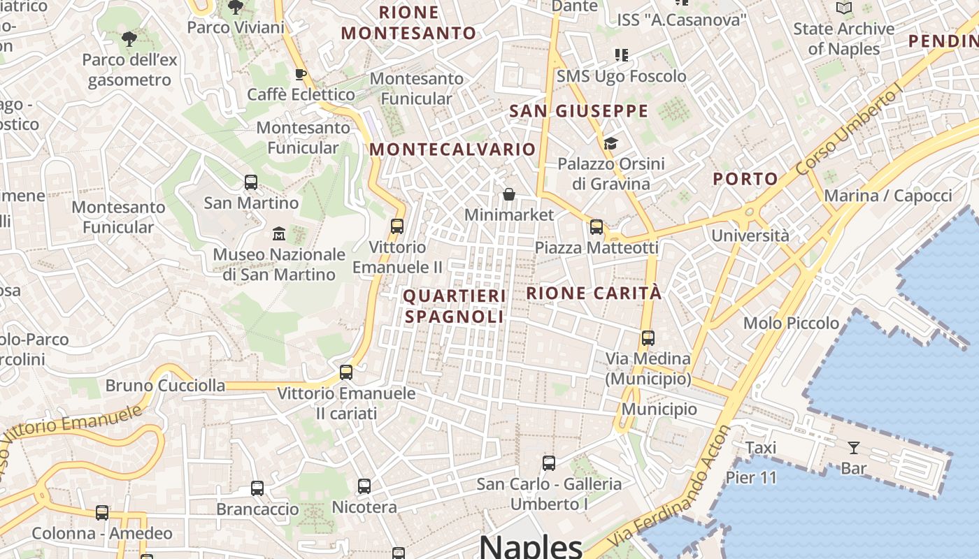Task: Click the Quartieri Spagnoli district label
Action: [455, 306]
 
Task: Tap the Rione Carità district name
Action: [594, 293]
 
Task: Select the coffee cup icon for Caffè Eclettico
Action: [301, 74]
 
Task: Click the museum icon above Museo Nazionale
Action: [279, 233]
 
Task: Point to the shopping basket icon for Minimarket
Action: [509, 194]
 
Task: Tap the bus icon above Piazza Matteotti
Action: [596, 226]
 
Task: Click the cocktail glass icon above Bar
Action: [853, 448]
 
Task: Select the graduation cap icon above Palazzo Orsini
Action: [610, 144]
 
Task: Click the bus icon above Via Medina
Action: [648, 338]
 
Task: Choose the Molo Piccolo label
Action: [791, 323]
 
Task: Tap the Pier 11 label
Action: [751, 478]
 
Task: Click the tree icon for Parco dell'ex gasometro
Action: [129, 39]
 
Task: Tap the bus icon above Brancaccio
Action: [257, 488]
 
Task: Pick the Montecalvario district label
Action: [452, 149]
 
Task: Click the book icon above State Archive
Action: [844, 8]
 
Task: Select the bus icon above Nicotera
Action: [364, 486]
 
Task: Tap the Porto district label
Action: [745, 179]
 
